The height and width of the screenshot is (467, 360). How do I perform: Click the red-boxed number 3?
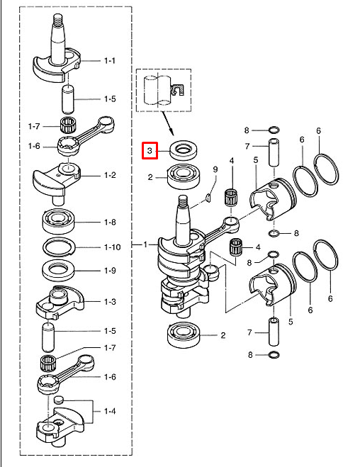tap(150, 151)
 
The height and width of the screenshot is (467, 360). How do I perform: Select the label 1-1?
tap(110, 61)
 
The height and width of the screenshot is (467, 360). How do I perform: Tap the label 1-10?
tap(112, 247)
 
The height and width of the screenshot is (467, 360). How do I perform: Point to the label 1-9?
tap(110, 271)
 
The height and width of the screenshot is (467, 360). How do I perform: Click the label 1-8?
tap(110, 223)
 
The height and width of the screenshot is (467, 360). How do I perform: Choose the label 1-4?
tap(110, 411)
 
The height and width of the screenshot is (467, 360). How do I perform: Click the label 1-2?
tap(110, 175)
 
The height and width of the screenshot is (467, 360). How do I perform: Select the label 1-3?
tap(110, 302)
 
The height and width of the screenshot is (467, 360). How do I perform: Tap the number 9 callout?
tap(215, 169)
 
